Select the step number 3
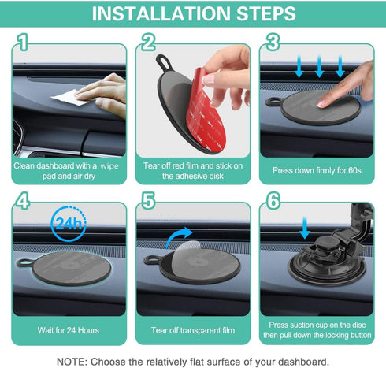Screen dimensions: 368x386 (x=272, y=43)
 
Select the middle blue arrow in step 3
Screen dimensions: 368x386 (x=319, y=69)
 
